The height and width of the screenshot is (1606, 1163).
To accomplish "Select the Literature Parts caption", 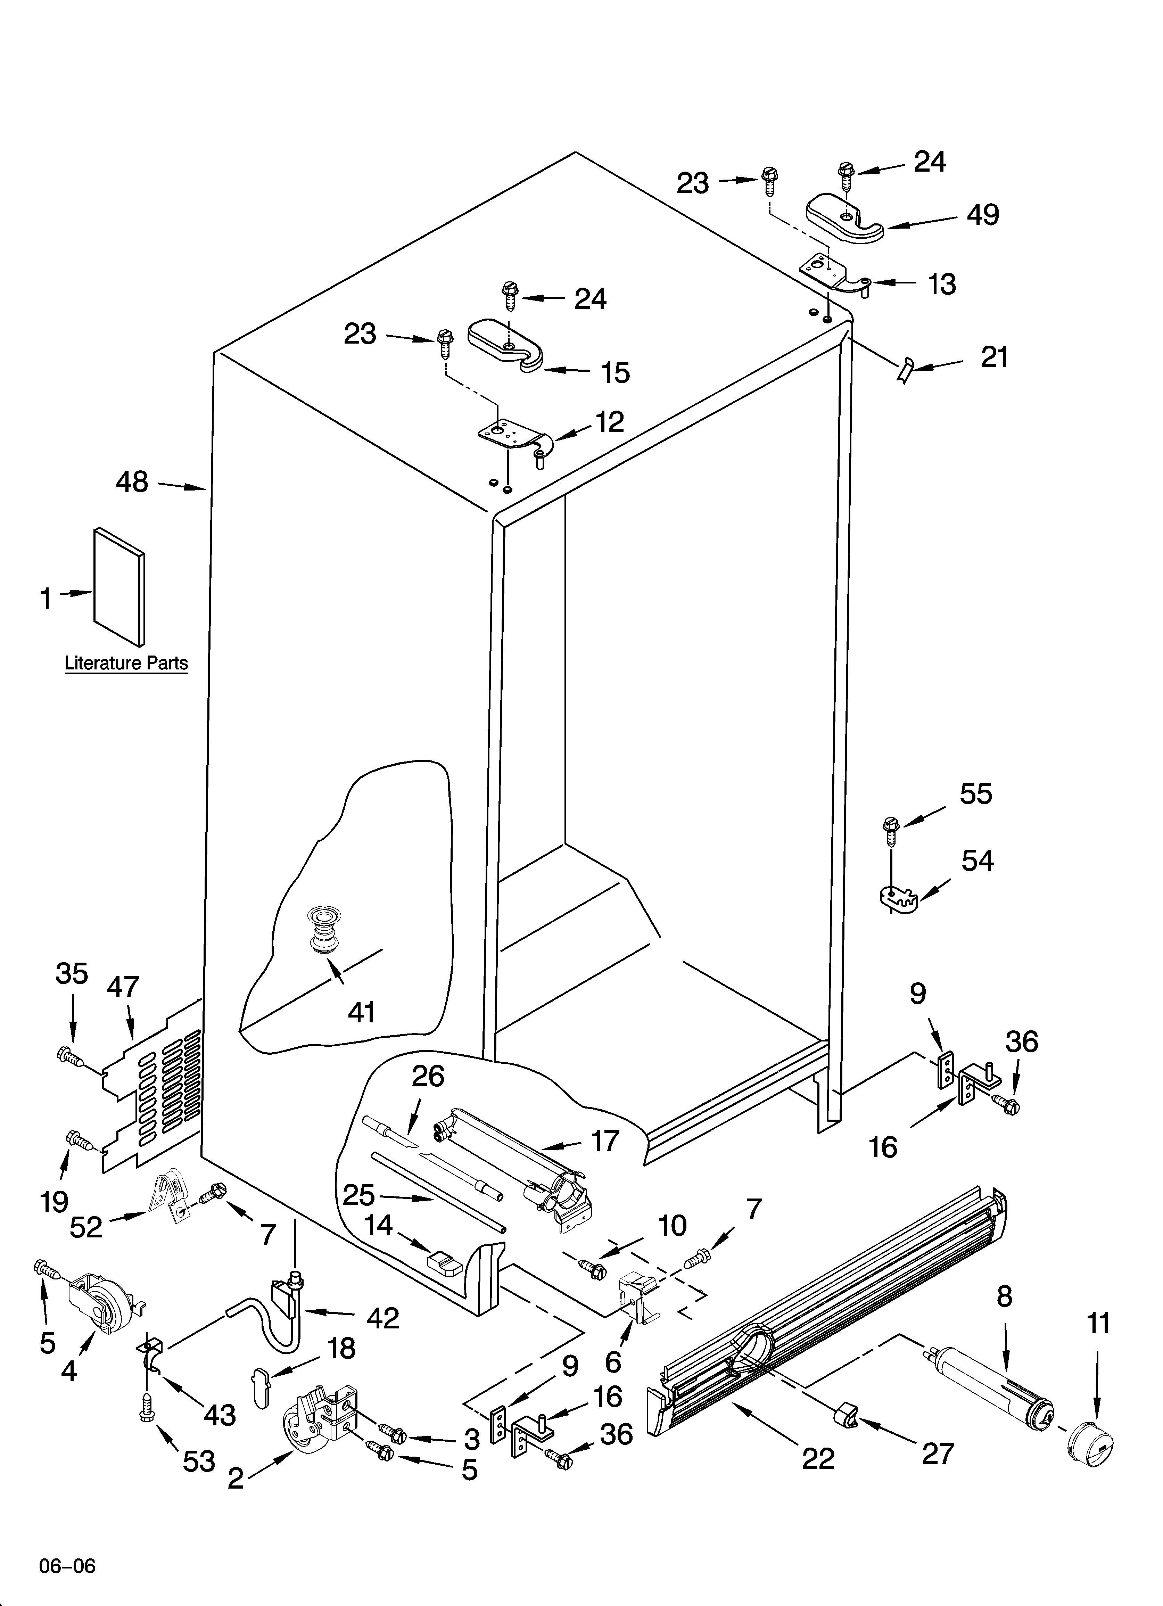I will (126, 664).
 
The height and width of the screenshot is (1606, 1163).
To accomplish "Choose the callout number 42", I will (383, 1317).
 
